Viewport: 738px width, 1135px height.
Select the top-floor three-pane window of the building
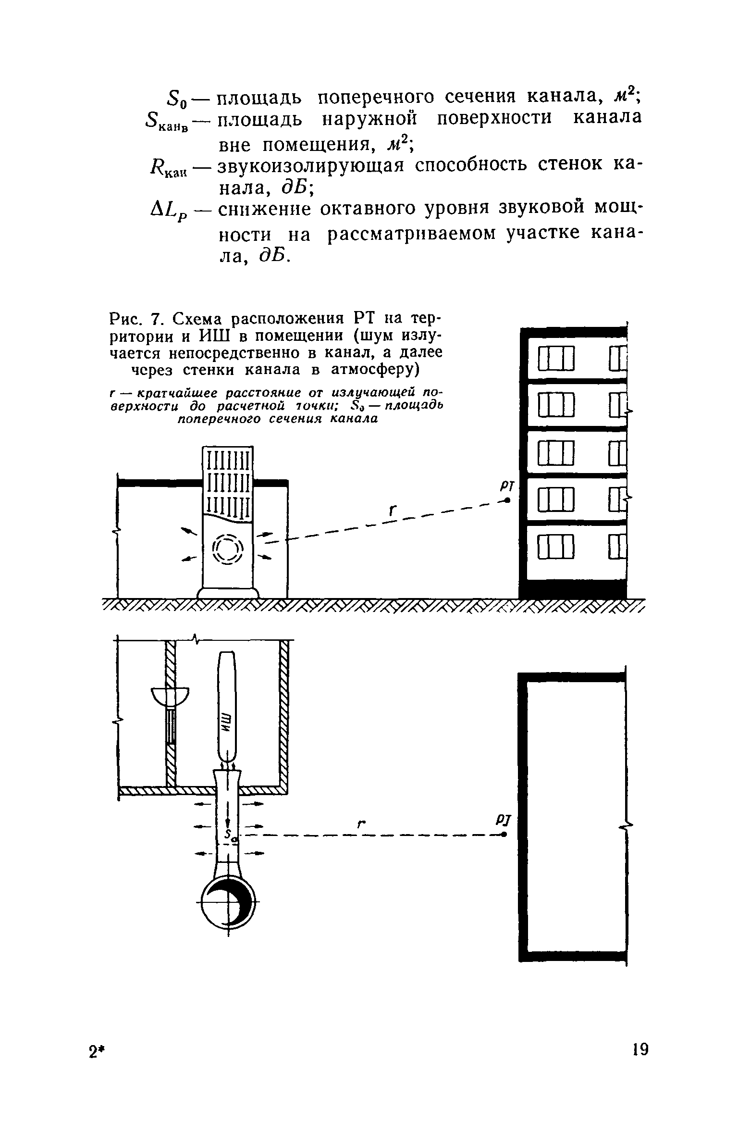pyautogui.click(x=556, y=359)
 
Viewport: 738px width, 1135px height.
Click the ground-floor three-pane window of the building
pyautogui.click(x=556, y=549)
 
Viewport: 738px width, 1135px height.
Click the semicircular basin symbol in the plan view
pyautogui.click(x=171, y=696)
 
